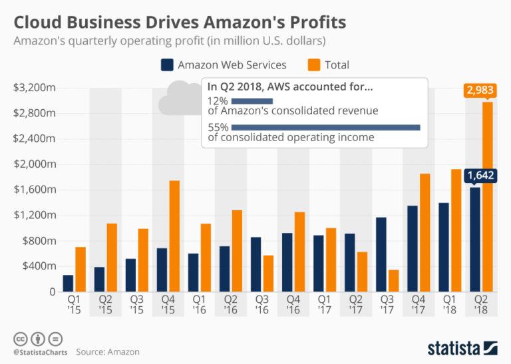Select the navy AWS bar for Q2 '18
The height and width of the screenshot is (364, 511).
[x=474, y=239]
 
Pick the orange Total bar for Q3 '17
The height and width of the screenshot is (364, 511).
[x=393, y=280]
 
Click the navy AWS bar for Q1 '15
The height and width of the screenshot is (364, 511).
[x=68, y=283]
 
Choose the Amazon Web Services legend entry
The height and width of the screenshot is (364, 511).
[x=224, y=65]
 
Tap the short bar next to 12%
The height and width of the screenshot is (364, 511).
[x=252, y=100]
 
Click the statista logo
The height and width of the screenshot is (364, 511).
[x=462, y=347]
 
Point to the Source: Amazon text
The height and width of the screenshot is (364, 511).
[x=108, y=351]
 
